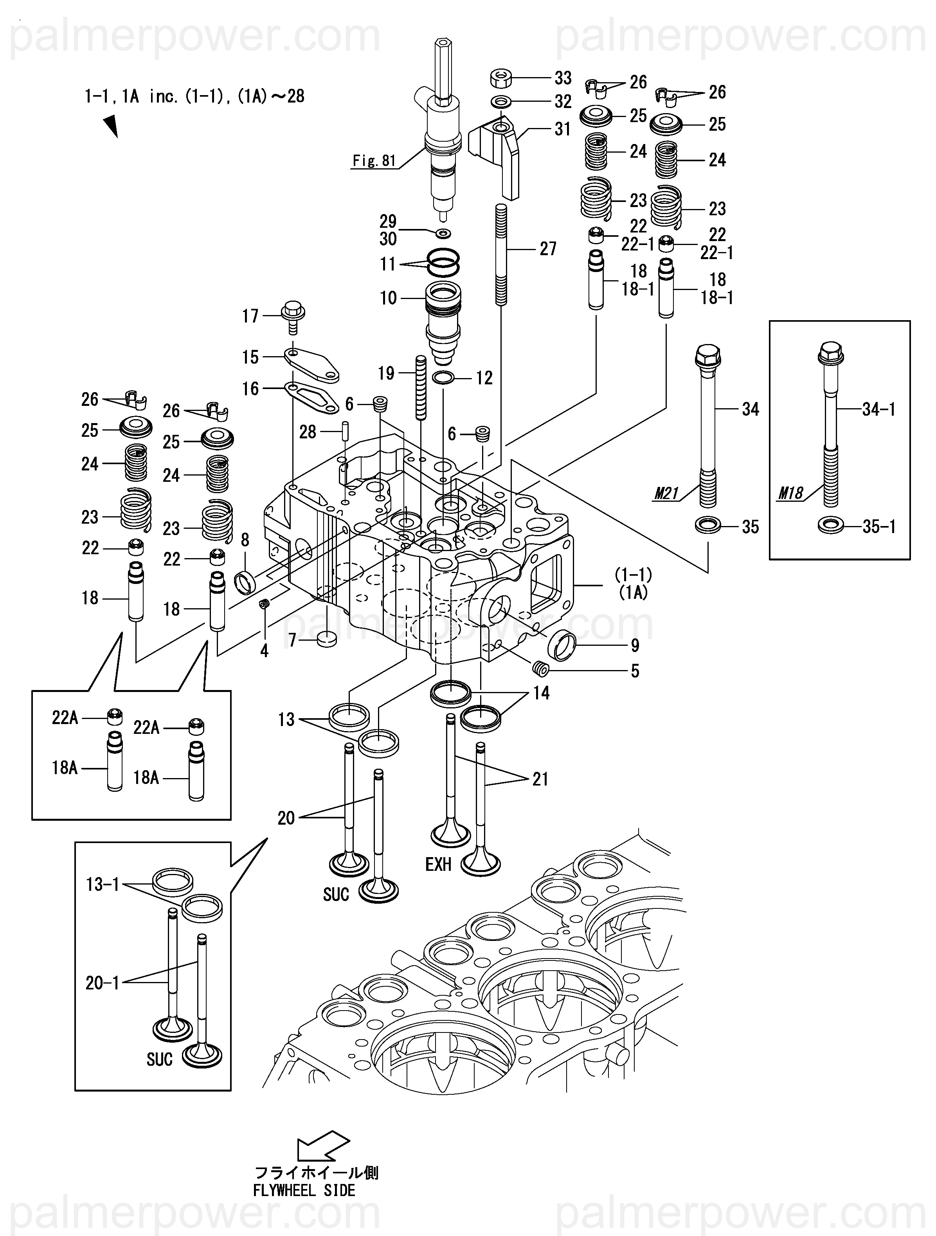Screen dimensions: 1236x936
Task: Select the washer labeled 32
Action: click(501, 102)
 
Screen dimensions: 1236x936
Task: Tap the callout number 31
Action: click(562, 129)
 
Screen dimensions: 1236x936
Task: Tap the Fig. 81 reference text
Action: click(374, 161)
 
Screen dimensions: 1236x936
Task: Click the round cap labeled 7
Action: click(326, 639)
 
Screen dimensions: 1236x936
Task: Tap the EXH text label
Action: click(438, 865)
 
